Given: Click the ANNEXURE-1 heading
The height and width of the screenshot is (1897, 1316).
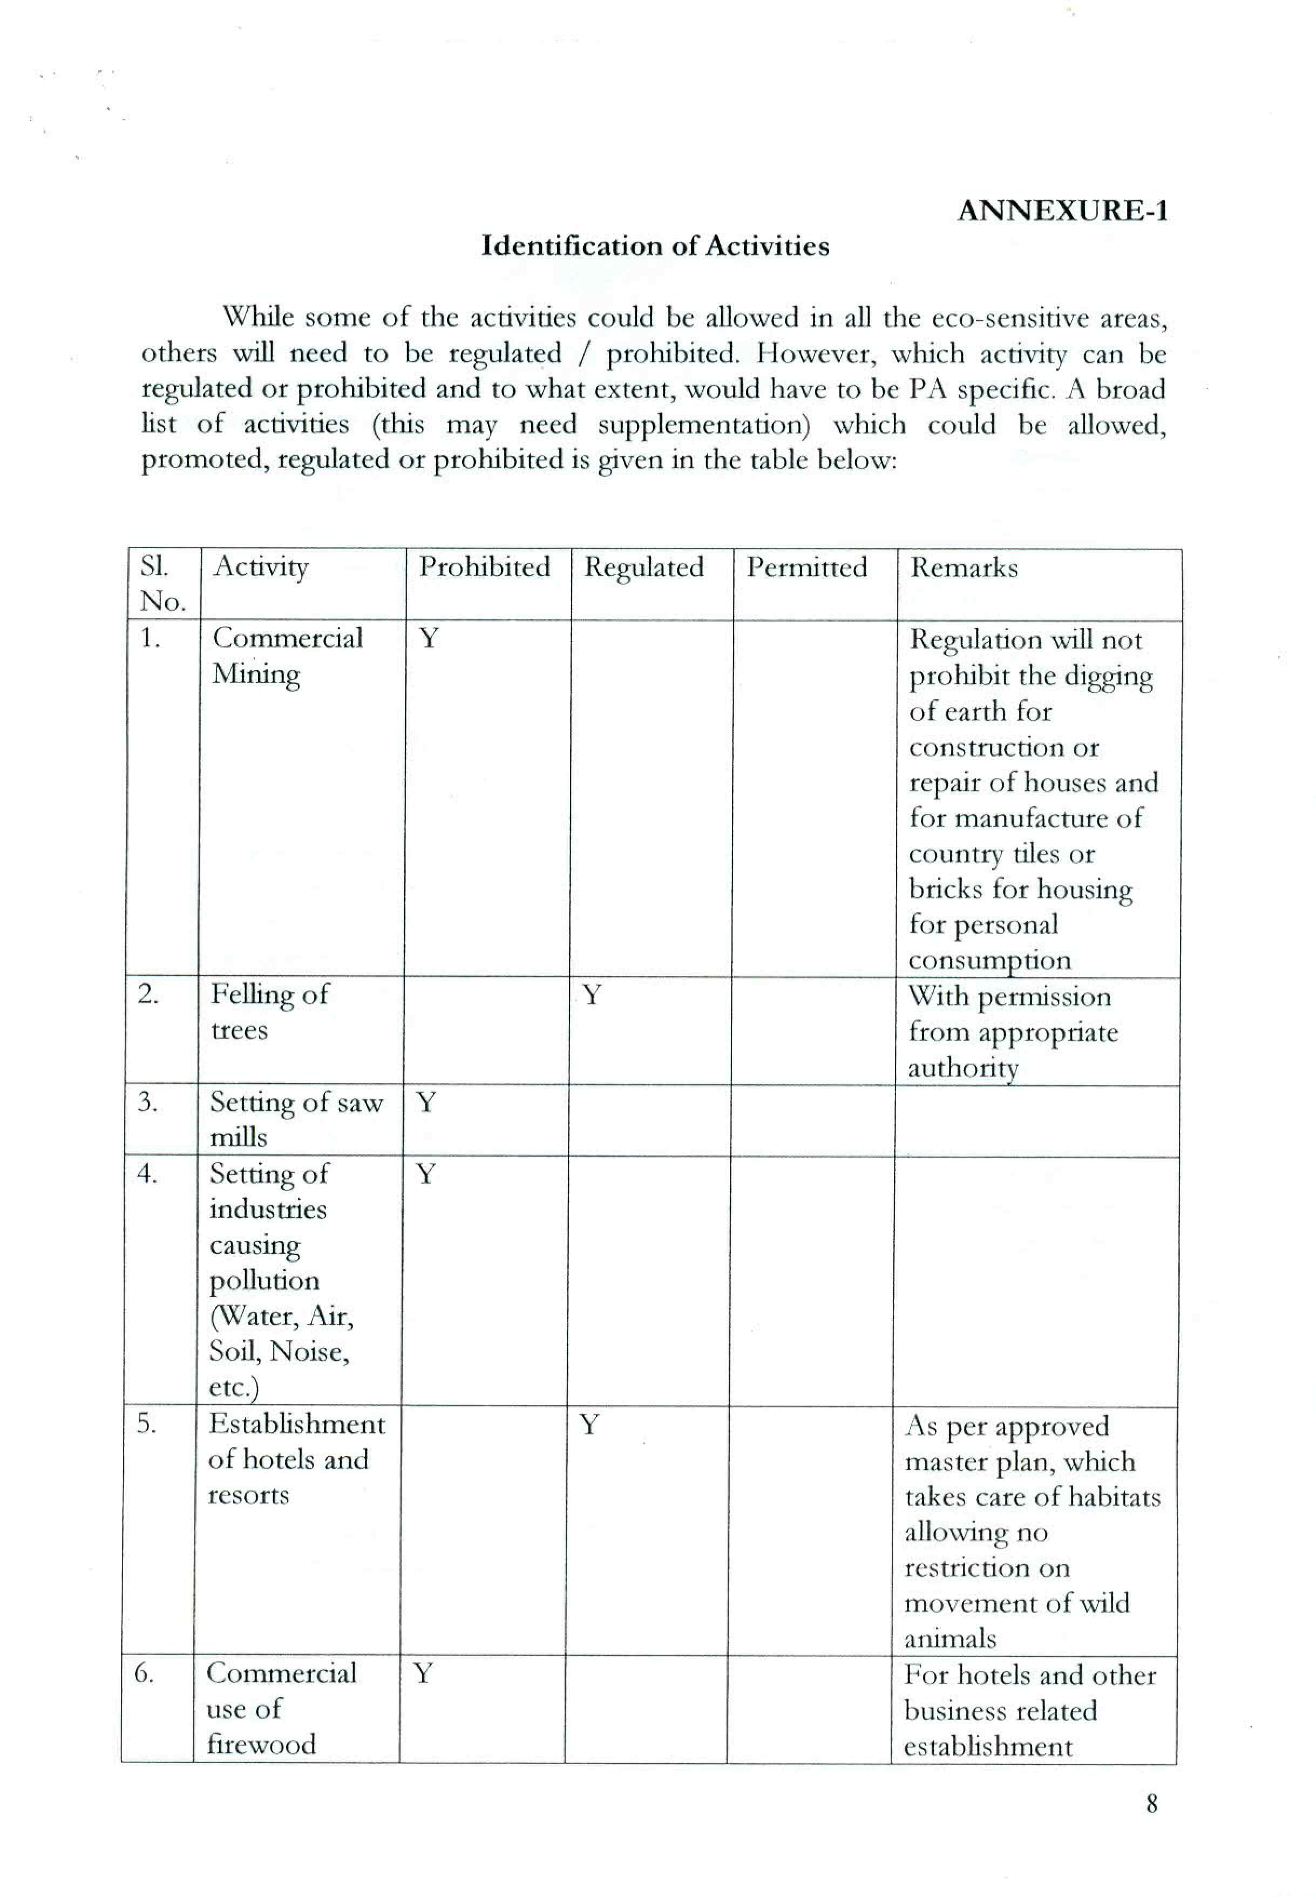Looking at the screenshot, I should point(1062,211).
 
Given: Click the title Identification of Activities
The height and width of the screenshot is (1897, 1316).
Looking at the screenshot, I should point(655,246).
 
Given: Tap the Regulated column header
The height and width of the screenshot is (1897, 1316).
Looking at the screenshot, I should point(644,568).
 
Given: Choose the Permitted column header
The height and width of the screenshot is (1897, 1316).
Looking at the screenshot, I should point(806,568).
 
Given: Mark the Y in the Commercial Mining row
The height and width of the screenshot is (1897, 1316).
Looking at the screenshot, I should point(429,638).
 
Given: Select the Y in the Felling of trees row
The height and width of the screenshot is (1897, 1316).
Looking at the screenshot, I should point(591,995).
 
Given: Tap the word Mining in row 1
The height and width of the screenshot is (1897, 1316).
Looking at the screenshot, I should point(256,674).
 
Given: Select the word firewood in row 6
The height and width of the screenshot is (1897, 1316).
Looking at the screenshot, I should point(261,1744).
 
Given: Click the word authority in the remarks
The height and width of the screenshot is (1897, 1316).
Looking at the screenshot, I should point(962,1068).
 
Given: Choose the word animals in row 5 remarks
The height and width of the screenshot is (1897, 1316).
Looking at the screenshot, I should point(950,1638).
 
